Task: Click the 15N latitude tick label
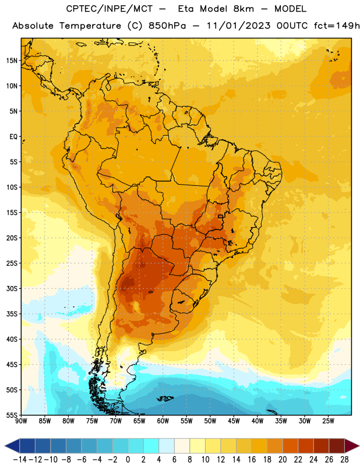tap(12, 61)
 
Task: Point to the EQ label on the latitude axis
tap(13, 137)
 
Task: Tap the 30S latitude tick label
tap(12, 288)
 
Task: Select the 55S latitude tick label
tap(12, 415)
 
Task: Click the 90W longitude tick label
tap(22, 421)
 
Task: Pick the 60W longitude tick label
tap(163, 421)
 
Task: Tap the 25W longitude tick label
tap(328, 421)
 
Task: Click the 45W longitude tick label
tap(234, 421)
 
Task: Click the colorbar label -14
tap(20, 460)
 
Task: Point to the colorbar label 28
tap(344, 460)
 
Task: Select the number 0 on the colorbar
tap(128, 460)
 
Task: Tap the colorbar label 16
tap(252, 460)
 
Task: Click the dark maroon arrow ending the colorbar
tap(351, 446)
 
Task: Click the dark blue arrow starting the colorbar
tap(12, 446)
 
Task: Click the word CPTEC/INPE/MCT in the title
tap(110, 9)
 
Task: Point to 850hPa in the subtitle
tap(167, 26)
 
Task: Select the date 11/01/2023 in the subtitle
tap(238, 26)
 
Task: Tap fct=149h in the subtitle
tap(337, 26)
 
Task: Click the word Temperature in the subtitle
tap(90, 26)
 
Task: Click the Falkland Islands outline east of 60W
tap(165, 398)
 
